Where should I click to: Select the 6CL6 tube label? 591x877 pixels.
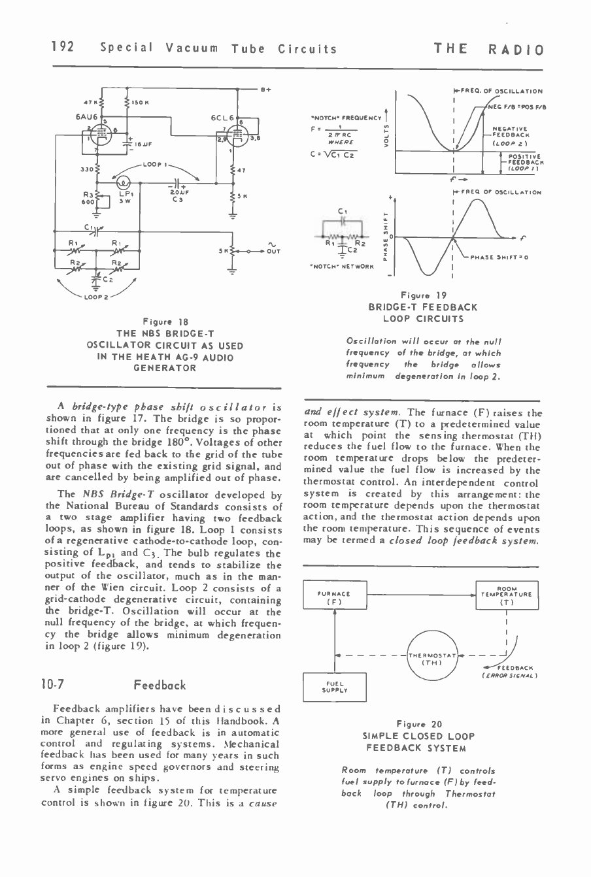[222, 118]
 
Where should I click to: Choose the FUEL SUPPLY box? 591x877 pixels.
[334, 687]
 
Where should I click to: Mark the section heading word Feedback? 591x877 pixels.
[160, 685]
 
